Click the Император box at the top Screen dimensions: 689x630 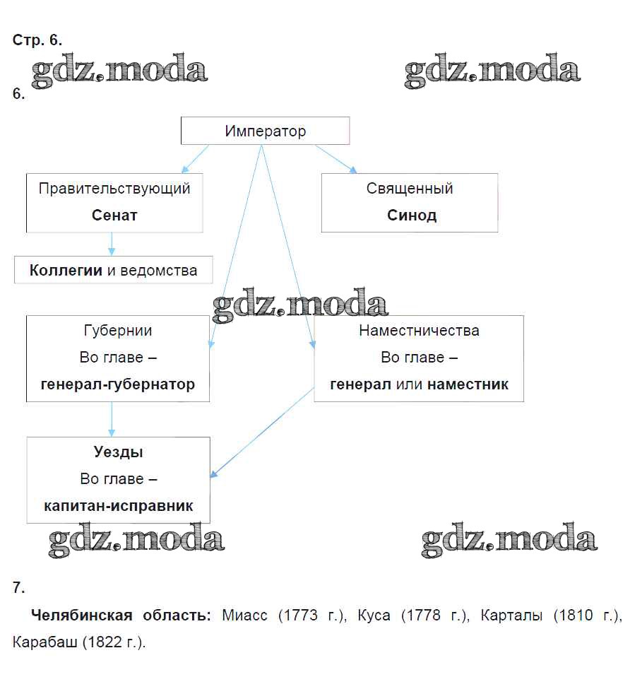click(x=266, y=131)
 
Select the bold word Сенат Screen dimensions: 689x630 click(x=114, y=216)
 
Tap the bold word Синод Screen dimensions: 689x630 click(x=412, y=216)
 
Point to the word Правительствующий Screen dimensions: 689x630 click(x=114, y=189)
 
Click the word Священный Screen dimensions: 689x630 click(x=410, y=189)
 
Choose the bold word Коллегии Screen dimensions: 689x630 click(x=66, y=270)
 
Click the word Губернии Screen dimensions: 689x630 click(x=118, y=331)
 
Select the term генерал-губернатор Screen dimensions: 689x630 click(x=118, y=384)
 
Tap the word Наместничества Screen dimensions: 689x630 click(x=419, y=331)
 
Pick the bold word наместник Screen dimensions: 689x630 click(x=468, y=384)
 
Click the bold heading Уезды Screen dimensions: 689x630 click(x=119, y=452)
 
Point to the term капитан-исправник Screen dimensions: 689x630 click(x=119, y=506)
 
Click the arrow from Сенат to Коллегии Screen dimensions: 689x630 click(x=112, y=245)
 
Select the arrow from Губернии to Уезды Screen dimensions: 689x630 click(x=112, y=419)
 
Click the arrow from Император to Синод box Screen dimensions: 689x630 click(x=335, y=158)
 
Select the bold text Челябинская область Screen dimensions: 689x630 click(x=121, y=616)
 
